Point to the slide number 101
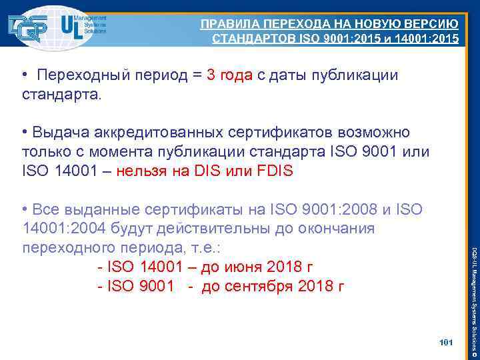tap(446, 343)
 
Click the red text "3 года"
tap(229, 75)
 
